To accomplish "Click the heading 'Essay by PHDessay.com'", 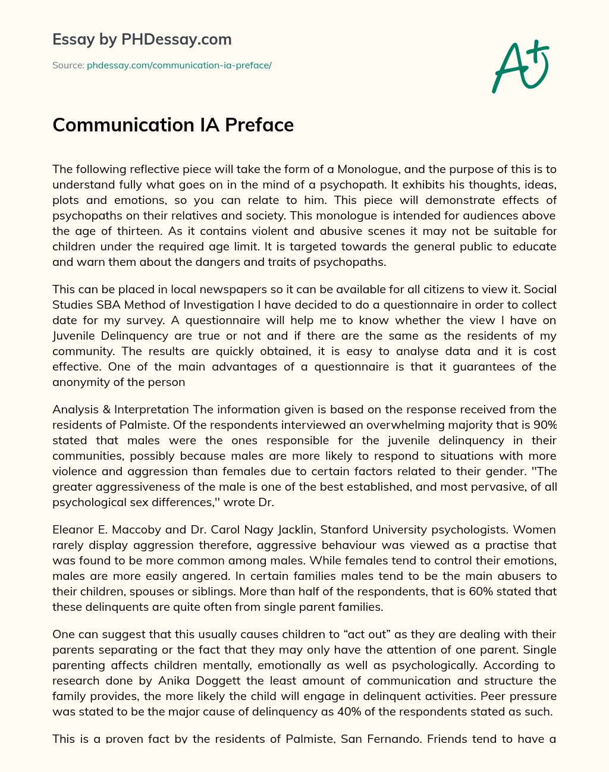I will (x=142, y=40).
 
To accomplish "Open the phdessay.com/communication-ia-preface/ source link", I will (x=179, y=65).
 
